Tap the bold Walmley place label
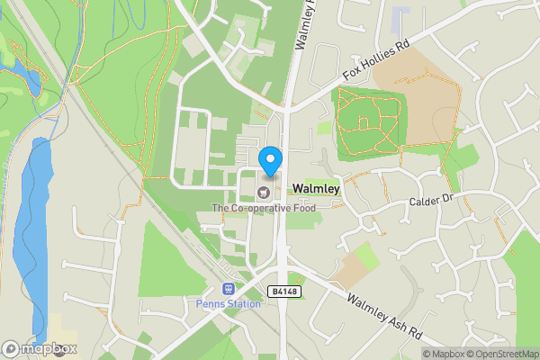point(316,190)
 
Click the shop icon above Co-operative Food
point(264,191)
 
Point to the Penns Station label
point(229,304)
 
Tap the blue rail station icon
point(228,290)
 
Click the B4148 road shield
point(282,292)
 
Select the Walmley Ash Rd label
point(384,318)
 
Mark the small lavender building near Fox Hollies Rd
point(401,16)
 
